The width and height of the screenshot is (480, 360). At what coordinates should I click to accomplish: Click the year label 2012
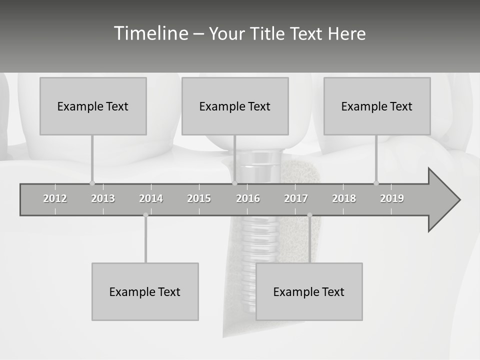(55, 198)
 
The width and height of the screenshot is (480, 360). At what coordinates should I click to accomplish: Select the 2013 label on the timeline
(103, 198)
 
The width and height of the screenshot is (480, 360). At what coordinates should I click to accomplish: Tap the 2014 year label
(151, 198)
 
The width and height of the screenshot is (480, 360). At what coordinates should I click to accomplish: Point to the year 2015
(199, 198)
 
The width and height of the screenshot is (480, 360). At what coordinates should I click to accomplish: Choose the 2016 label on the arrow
(248, 198)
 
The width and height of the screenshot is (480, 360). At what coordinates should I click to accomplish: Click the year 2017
(296, 198)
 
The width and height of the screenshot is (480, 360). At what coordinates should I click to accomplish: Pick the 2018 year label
(344, 198)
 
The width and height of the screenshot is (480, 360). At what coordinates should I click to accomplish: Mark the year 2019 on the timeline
(392, 198)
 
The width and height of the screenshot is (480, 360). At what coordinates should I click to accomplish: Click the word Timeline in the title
(150, 33)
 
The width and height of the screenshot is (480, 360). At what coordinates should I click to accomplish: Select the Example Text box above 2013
(93, 106)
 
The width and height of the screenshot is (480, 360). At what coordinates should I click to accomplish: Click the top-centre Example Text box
(235, 106)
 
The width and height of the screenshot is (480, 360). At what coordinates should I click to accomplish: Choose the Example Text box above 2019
(377, 106)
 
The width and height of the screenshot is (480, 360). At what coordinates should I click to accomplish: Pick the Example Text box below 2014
(145, 291)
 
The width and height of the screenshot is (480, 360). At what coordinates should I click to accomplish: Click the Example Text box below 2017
(309, 291)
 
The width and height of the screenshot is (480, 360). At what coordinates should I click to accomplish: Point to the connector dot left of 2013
(92, 183)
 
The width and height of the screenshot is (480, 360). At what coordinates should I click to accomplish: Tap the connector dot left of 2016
(234, 183)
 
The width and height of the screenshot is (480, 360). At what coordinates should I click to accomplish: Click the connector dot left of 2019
(376, 183)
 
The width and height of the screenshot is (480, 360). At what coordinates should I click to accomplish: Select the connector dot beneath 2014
(145, 215)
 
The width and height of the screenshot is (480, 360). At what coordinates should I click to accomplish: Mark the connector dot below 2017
(309, 215)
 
